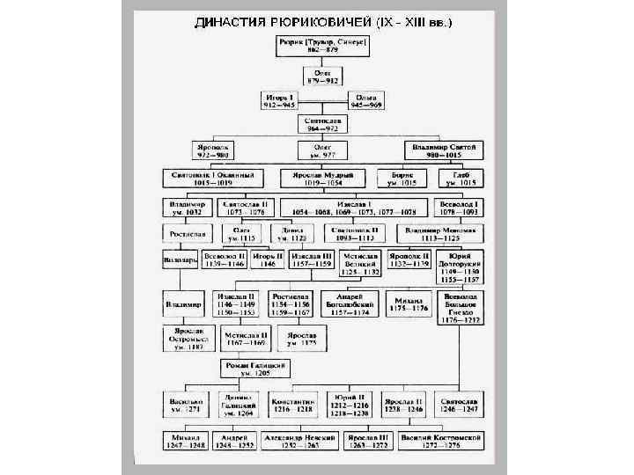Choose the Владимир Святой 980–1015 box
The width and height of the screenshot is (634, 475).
[445, 150]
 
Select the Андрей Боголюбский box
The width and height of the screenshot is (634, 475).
[350, 304]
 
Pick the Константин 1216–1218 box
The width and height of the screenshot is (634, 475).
[292, 404]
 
